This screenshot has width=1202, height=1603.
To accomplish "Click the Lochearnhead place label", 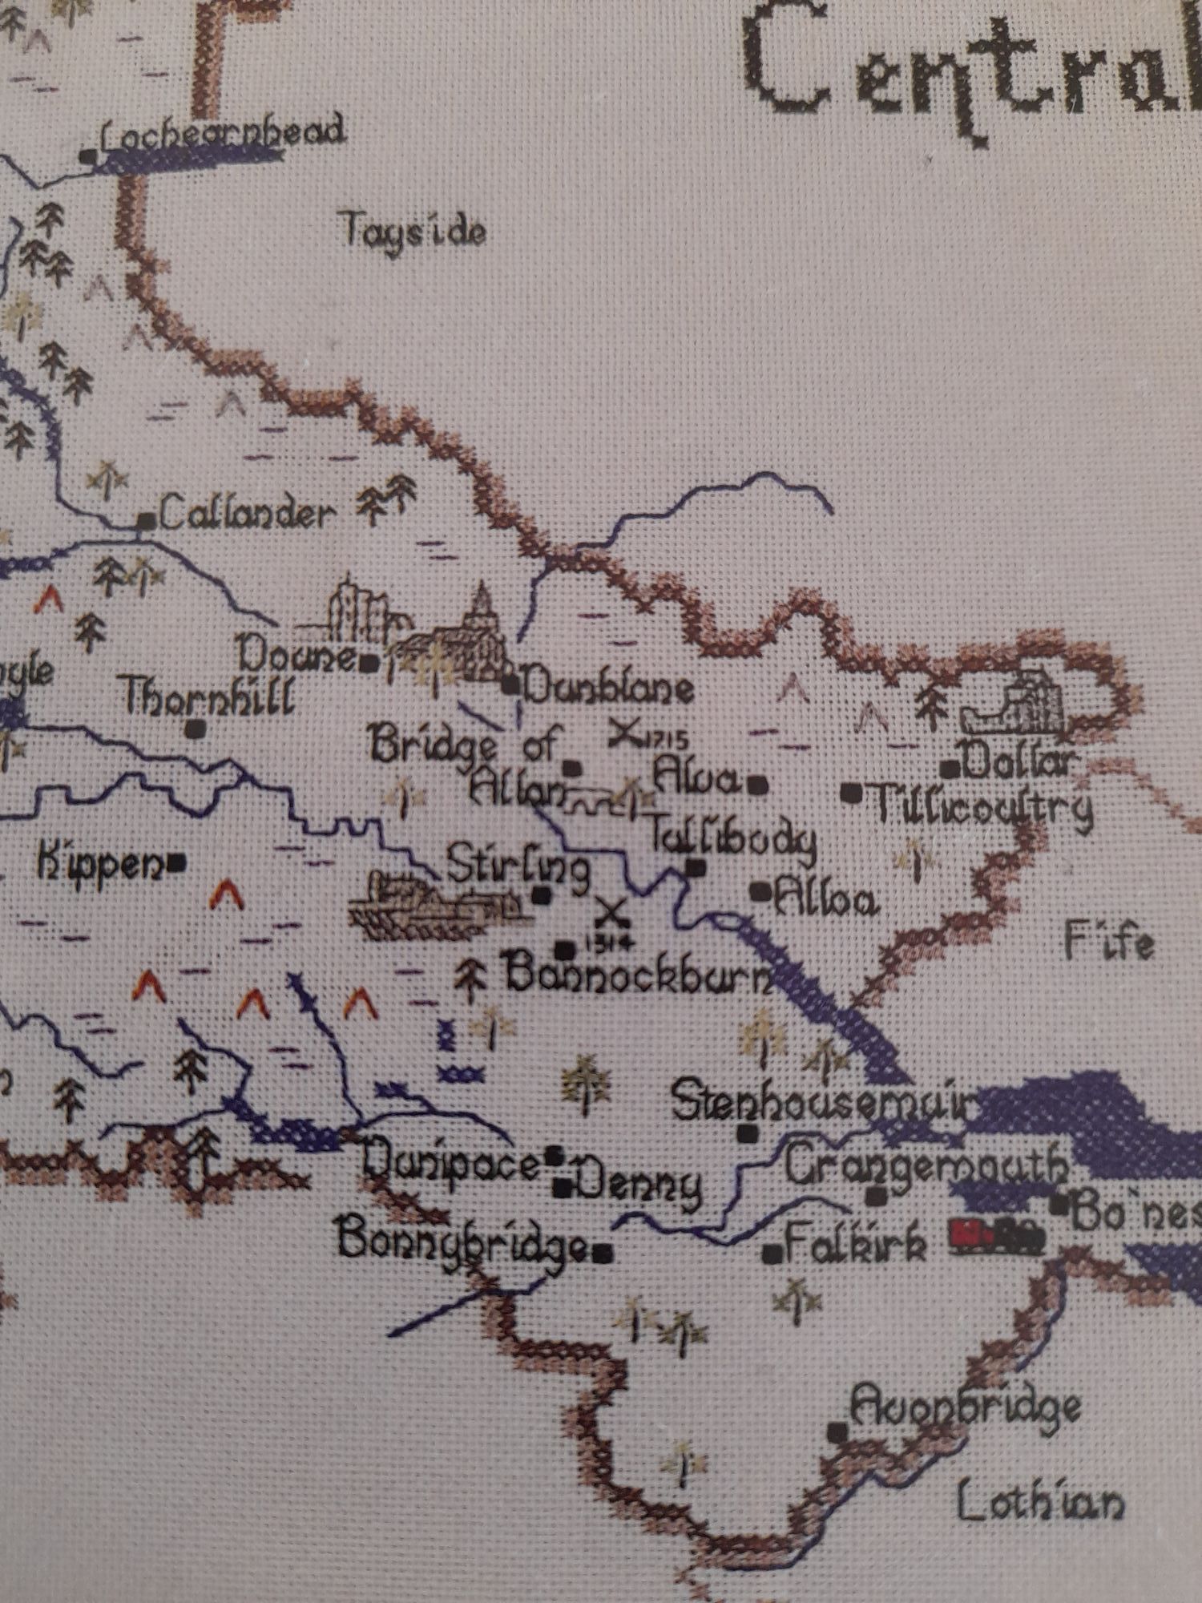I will tap(223, 135).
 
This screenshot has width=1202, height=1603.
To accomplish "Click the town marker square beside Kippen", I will tap(178, 863).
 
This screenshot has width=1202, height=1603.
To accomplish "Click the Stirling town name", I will tap(518, 869).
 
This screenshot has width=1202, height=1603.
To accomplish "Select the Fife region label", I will tap(1109, 943).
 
